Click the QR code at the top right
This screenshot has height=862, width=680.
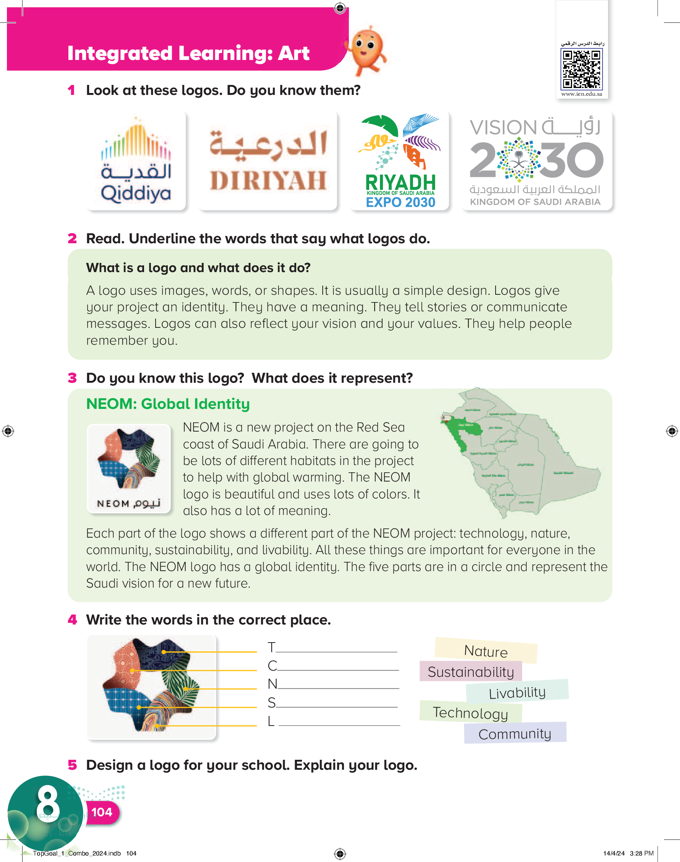(x=581, y=70)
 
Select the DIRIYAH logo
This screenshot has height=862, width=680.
(x=268, y=161)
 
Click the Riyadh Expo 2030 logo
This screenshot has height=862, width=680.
(x=400, y=161)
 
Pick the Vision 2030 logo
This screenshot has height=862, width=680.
(x=536, y=161)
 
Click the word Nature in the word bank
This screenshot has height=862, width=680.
(x=486, y=651)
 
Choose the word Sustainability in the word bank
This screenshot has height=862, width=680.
(x=471, y=672)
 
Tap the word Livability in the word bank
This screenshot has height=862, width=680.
(x=517, y=693)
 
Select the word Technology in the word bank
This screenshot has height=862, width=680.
(x=470, y=713)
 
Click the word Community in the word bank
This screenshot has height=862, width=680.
(x=514, y=733)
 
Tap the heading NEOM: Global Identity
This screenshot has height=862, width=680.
(x=168, y=404)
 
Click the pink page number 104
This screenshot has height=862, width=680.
(x=101, y=812)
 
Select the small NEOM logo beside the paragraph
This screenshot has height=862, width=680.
(x=129, y=468)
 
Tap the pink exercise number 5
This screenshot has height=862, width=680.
(x=72, y=765)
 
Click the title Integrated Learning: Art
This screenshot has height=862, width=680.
(x=188, y=53)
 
